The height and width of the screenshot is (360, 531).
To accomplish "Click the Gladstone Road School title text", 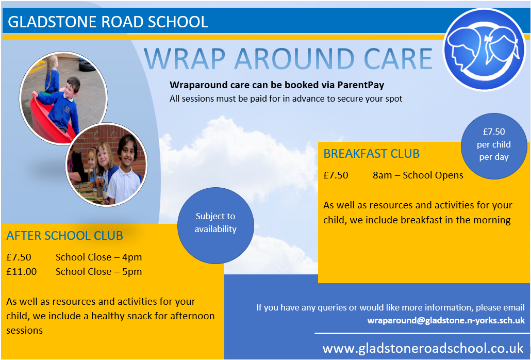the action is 108,22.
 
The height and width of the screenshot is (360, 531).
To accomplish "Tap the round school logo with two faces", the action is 485,50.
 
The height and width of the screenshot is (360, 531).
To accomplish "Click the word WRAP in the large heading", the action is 185,59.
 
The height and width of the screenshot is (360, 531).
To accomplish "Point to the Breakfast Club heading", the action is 372,154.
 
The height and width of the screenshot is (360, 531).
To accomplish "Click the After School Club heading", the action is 64,236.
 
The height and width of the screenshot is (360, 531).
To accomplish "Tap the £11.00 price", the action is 21,272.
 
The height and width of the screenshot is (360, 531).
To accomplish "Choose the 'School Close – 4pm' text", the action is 98,257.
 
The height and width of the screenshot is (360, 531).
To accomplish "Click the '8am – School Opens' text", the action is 418,175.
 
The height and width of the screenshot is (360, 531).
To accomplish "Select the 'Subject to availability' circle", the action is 215,225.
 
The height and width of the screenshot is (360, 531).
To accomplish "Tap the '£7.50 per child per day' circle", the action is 494,146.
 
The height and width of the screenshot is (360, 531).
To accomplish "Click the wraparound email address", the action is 446,320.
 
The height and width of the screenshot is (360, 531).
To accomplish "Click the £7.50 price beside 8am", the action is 336,175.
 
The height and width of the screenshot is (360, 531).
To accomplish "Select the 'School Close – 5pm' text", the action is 98,272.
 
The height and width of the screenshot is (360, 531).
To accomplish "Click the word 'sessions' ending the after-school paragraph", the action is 24,331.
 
